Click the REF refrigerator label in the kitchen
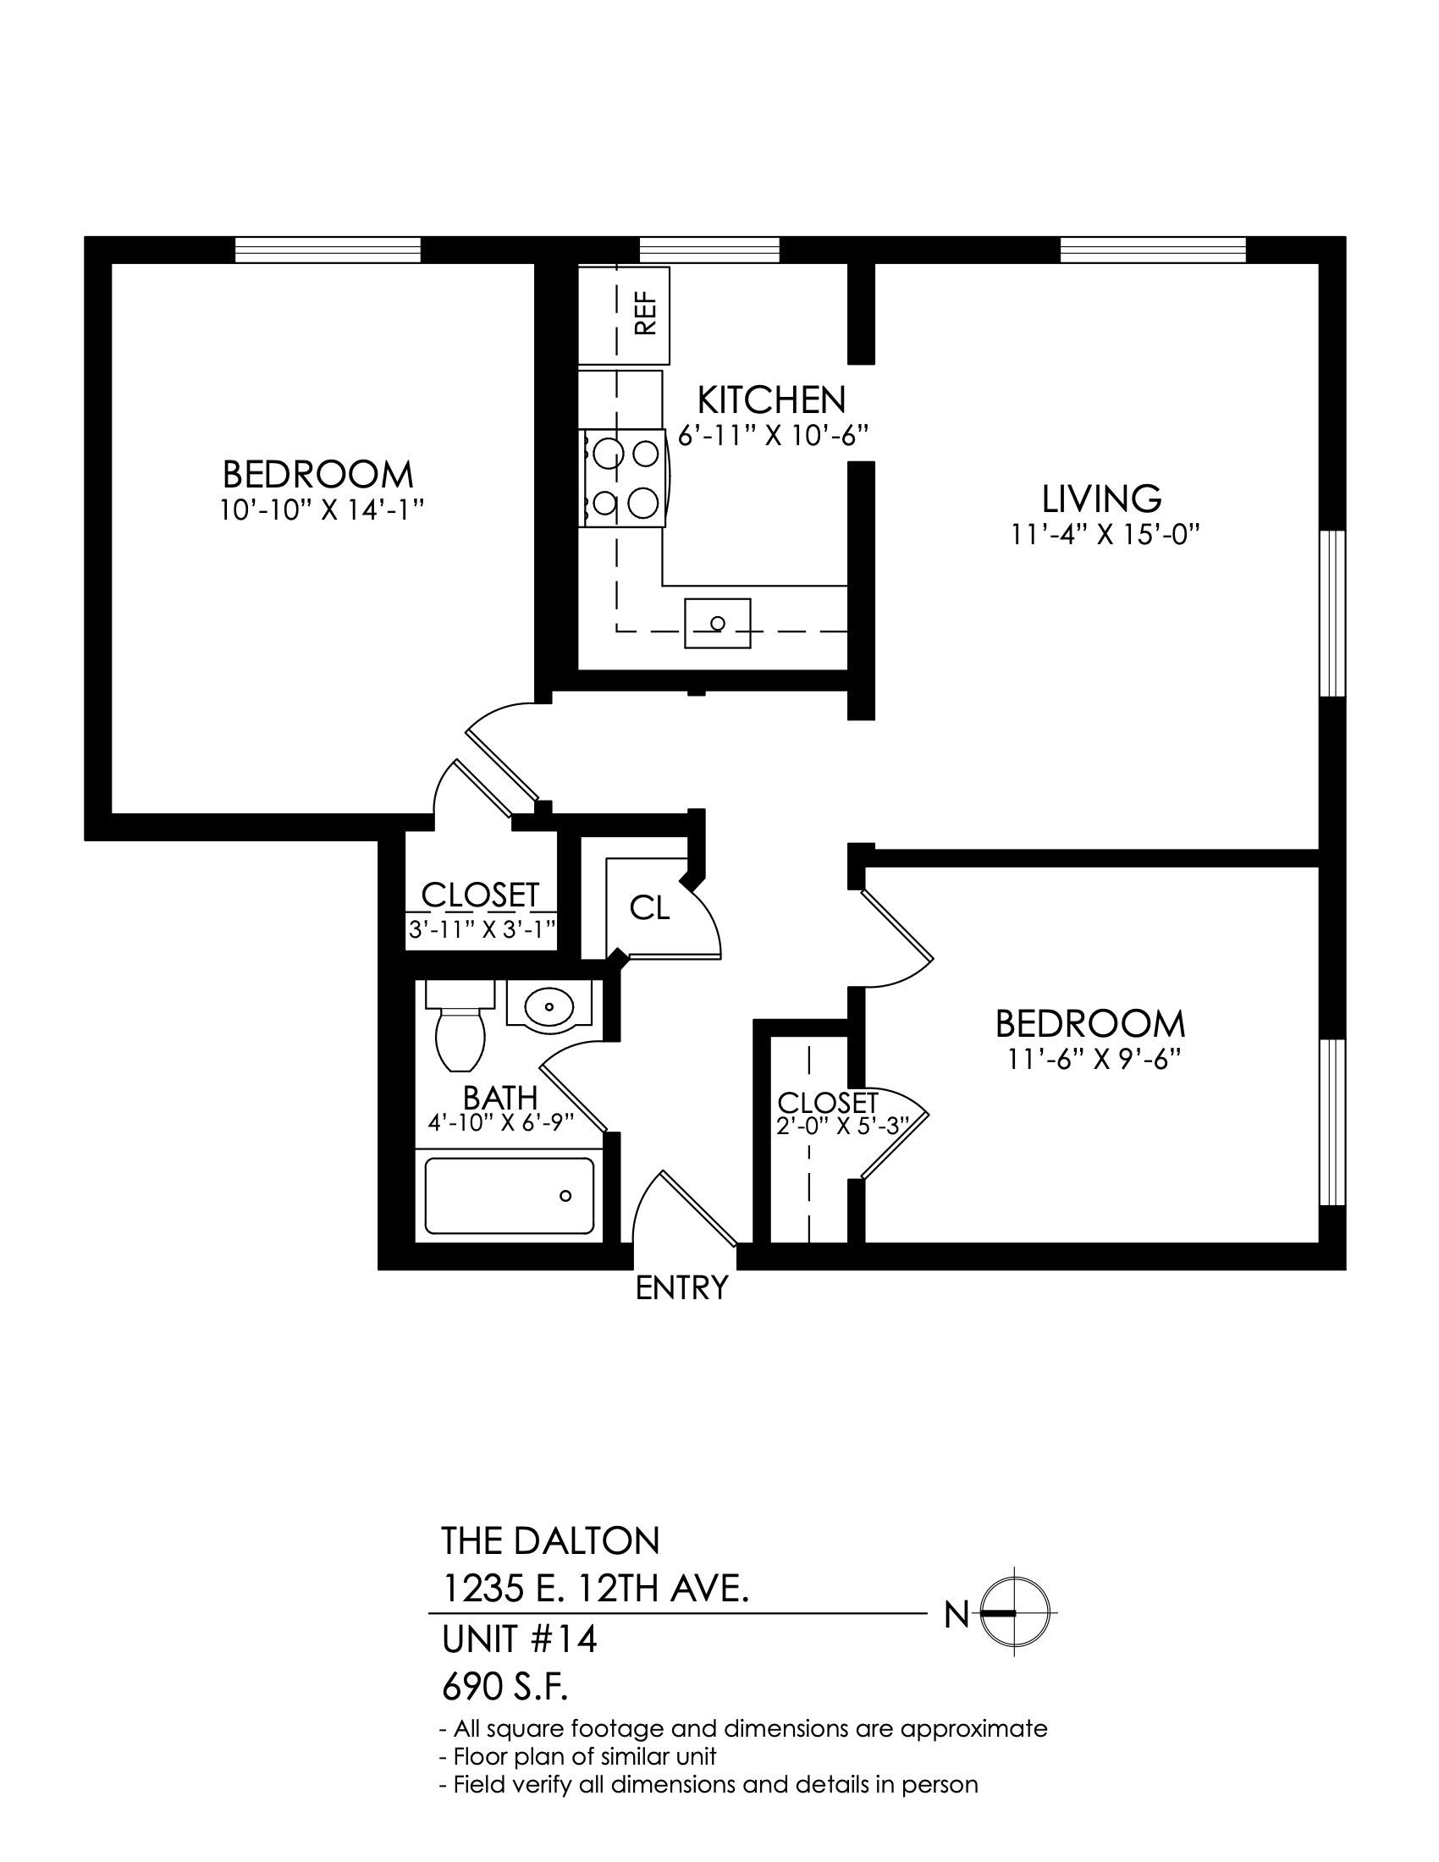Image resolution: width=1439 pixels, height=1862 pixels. tap(646, 314)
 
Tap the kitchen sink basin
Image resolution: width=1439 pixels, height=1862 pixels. tap(718, 623)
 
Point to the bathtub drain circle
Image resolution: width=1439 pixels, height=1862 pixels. tap(565, 1195)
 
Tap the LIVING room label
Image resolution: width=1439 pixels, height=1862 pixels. tap(1102, 497)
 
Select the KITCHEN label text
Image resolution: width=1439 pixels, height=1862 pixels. tap(771, 399)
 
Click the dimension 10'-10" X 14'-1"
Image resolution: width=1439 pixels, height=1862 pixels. tap(322, 510)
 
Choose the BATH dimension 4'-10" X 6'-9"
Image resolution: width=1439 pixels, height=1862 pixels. tap(500, 1121)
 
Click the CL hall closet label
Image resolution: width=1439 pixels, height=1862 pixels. tap(649, 908)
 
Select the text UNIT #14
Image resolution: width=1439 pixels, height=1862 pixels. tap(519, 1639)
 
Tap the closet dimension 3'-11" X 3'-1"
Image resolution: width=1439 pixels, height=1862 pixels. tap(482, 928)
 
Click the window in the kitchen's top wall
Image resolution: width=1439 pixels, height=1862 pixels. tap(710, 250)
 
